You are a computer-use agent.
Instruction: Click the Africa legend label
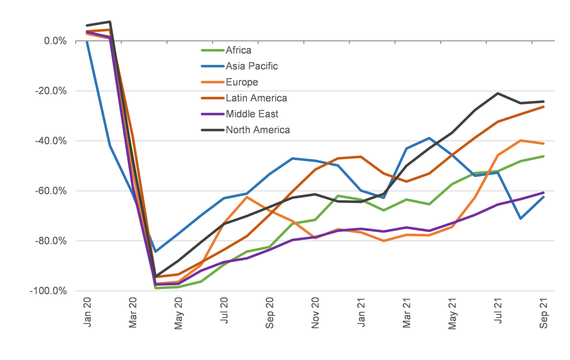(238, 50)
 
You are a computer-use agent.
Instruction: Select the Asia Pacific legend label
(252, 66)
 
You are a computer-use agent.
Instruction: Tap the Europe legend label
(242, 82)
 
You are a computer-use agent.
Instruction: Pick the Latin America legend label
(256, 98)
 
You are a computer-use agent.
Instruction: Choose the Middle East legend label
(252, 114)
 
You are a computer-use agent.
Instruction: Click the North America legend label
(258, 130)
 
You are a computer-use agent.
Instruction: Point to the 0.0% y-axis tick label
(55, 41)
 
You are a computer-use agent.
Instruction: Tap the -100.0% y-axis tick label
(48, 291)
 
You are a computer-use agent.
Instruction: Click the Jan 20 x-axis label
(87, 312)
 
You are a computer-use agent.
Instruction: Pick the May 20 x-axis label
(178, 313)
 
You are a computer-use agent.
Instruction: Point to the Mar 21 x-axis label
(407, 313)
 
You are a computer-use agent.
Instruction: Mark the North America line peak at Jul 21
(498, 93)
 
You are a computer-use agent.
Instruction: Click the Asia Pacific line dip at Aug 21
(521, 219)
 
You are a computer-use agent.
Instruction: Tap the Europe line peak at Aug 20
(247, 197)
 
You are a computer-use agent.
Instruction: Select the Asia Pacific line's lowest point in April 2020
(155, 252)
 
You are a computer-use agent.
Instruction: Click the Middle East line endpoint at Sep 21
(544, 193)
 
